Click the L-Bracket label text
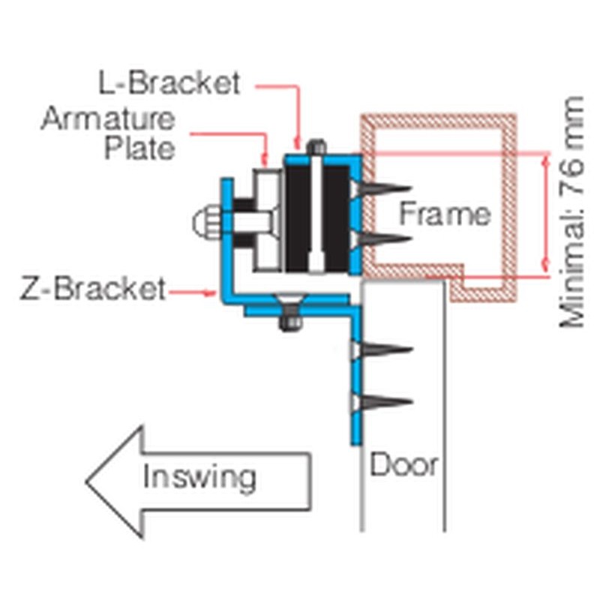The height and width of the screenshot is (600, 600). (170, 82)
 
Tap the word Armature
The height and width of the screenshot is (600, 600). (107, 119)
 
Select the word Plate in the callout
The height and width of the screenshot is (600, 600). (139, 148)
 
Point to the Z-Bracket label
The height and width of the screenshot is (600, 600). (91, 289)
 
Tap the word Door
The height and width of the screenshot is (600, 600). (404, 465)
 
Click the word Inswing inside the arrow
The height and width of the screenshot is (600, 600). (199, 477)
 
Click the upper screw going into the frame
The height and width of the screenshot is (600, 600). (382, 188)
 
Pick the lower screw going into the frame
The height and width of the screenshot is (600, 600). (382, 239)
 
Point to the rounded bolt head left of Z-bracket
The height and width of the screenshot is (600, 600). (202, 222)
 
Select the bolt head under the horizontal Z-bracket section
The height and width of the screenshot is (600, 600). (292, 322)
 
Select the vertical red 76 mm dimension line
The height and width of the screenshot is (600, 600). (545, 214)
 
